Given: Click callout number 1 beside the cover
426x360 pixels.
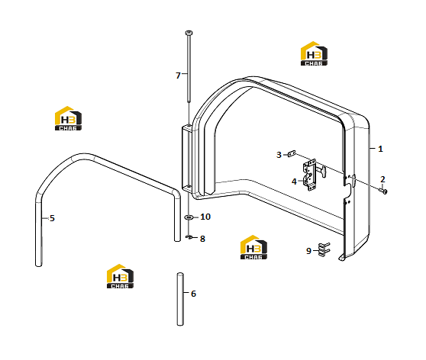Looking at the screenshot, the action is (x=380, y=149).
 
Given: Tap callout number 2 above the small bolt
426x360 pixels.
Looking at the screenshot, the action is (x=382, y=179).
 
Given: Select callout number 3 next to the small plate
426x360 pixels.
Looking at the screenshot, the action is (x=279, y=155).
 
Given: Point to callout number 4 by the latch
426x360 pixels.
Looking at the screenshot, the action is (x=294, y=182).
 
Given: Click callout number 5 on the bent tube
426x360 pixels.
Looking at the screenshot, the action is (x=52, y=218).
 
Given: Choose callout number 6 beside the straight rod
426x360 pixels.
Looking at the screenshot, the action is (x=193, y=294).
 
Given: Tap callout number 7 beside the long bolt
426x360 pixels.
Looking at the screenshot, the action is (x=178, y=76).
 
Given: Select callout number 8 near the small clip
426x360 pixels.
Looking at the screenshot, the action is (x=202, y=239).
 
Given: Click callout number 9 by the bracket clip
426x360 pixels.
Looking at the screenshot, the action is (x=308, y=251).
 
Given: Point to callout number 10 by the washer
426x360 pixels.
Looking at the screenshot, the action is (x=205, y=217).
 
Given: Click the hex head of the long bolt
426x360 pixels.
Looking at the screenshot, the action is (x=189, y=33).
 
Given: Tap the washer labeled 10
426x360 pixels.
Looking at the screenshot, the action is (x=189, y=217).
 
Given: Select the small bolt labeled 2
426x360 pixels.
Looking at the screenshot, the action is (x=383, y=191).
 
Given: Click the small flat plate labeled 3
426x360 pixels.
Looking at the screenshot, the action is (x=292, y=154).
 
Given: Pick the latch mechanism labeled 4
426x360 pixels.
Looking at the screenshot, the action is (x=313, y=175).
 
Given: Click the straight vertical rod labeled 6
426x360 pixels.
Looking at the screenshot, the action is (x=180, y=299).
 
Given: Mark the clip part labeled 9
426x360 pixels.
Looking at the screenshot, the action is (x=324, y=249).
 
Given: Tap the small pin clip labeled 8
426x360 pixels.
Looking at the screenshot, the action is (x=189, y=237).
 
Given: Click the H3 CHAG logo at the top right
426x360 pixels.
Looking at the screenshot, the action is (x=314, y=53).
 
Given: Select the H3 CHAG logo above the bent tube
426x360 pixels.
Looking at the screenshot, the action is (x=68, y=118).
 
